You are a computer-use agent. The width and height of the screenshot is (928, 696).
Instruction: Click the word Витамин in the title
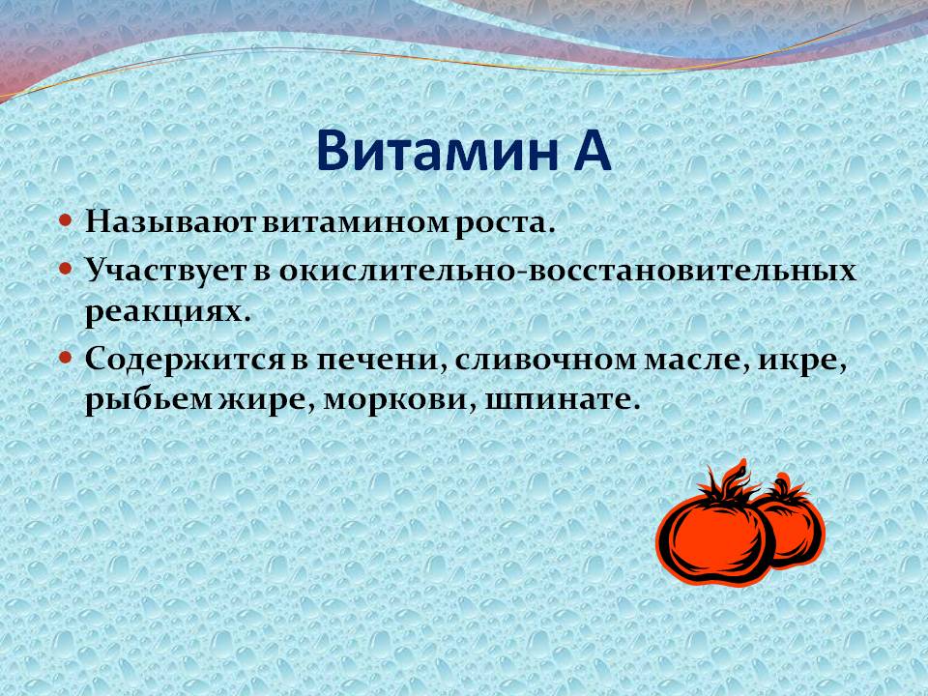point(438,150)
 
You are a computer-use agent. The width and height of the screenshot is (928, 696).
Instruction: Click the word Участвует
point(165,271)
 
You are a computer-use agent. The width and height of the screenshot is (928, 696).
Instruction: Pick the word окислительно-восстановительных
point(567,271)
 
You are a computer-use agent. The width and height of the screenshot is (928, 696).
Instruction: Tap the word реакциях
point(168,312)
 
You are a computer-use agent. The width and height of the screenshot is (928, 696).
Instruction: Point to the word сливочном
point(545,361)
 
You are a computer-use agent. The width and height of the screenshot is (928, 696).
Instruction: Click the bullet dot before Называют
point(66,221)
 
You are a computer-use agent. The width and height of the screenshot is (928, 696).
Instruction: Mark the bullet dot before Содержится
point(66,359)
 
